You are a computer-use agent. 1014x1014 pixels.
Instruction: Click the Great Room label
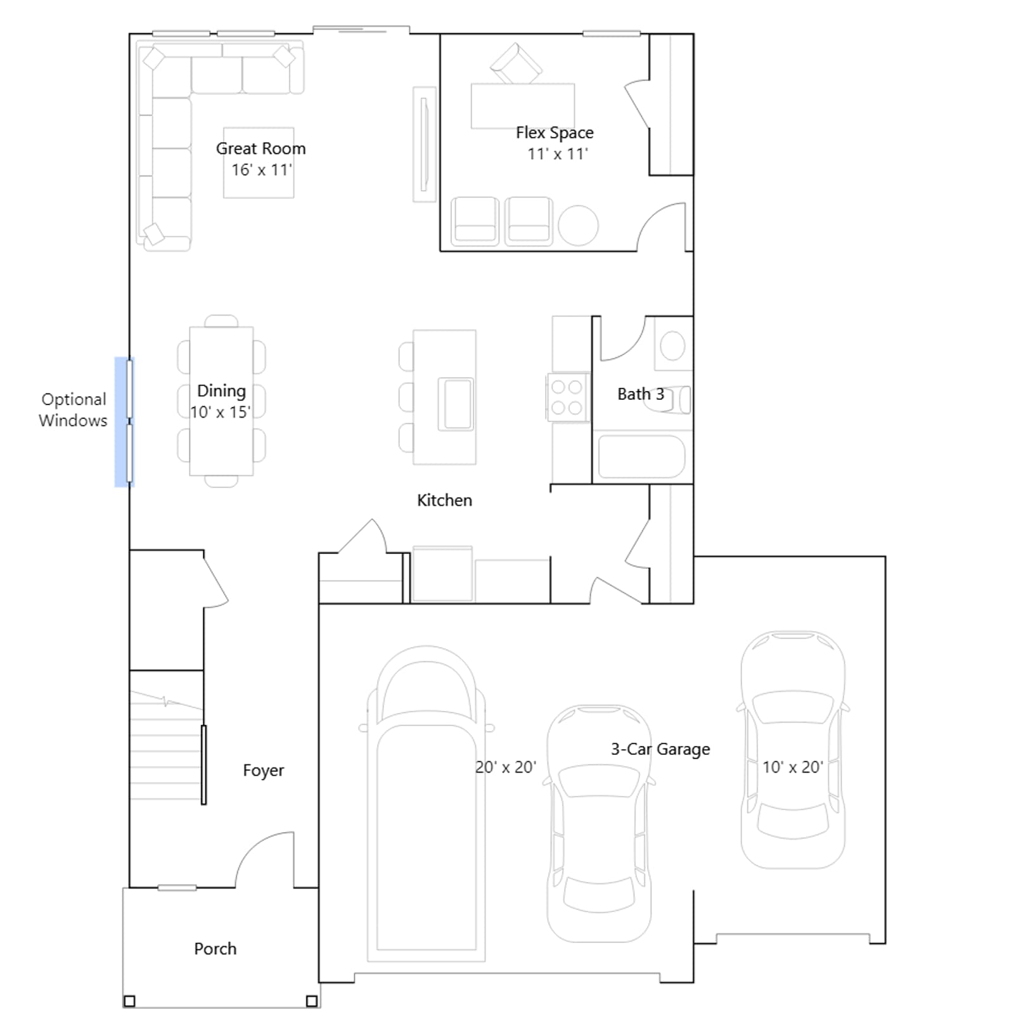(260, 148)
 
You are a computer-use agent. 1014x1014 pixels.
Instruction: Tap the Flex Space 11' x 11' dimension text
(558, 154)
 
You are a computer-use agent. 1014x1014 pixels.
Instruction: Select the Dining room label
(221, 390)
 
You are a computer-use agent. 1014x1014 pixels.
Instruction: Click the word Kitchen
(444, 500)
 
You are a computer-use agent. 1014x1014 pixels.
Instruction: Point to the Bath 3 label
(641, 394)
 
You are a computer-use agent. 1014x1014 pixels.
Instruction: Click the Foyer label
(263, 771)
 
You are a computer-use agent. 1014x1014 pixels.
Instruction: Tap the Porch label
(215, 949)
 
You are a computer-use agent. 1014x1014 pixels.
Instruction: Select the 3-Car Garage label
(660, 749)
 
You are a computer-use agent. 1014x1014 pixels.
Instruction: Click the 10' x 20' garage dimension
(792, 767)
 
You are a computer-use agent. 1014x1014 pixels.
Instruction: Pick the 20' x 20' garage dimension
(506, 767)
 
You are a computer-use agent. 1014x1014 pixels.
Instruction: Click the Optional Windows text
(73, 409)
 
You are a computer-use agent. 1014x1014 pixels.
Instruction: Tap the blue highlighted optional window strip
(124, 422)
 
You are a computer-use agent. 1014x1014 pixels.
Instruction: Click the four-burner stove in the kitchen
(567, 397)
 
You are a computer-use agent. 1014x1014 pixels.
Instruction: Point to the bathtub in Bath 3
(641, 455)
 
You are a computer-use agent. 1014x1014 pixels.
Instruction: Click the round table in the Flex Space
(578, 226)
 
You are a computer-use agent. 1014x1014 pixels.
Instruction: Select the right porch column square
(311, 1001)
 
